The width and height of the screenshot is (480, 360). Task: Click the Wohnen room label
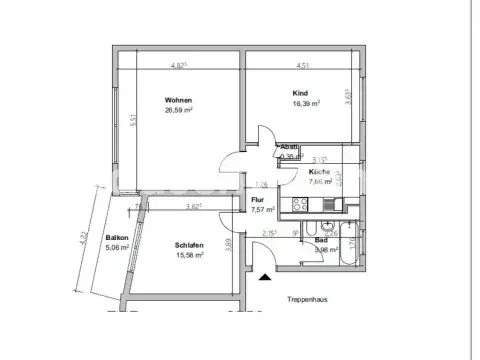[x=180, y=100]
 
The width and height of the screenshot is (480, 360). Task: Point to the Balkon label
[x=117, y=237]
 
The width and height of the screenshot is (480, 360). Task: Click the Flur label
[x=256, y=200]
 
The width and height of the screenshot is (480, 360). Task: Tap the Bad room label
[x=321, y=240]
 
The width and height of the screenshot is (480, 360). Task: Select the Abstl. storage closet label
[x=289, y=147]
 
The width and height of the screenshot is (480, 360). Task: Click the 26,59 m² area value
[x=180, y=112]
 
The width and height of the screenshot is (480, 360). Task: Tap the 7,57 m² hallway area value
[x=262, y=210]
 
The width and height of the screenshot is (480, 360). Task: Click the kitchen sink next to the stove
[x=330, y=208]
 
